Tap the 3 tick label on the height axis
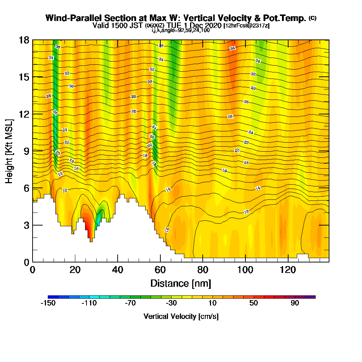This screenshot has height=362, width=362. click(24, 225)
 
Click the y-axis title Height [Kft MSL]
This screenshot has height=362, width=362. click(9, 151)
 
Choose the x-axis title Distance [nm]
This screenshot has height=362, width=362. click(181, 283)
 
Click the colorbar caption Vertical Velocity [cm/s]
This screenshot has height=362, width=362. click(181, 316)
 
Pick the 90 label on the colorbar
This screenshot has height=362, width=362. click(295, 303)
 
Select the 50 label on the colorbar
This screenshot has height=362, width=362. click(254, 303)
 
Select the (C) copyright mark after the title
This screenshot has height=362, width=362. click(312, 18)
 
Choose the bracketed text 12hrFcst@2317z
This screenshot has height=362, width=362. click(247, 26)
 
